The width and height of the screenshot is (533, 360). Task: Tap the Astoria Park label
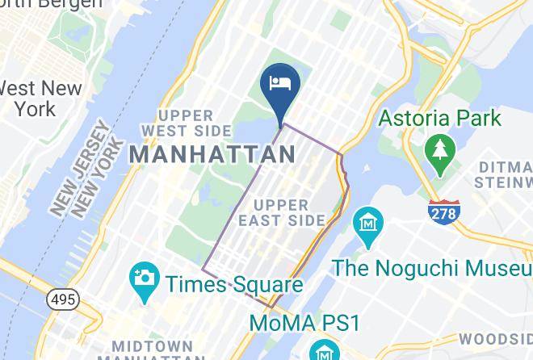(440, 119)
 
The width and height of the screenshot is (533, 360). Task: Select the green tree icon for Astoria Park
(439, 154)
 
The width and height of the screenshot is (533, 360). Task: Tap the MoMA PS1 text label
(304, 323)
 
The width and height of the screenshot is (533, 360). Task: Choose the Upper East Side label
(290, 211)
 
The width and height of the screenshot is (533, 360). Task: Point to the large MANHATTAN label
(212, 153)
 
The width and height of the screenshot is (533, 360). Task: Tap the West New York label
(31, 98)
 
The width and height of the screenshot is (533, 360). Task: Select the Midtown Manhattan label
(153, 351)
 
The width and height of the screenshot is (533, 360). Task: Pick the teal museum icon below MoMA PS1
(321, 352)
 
